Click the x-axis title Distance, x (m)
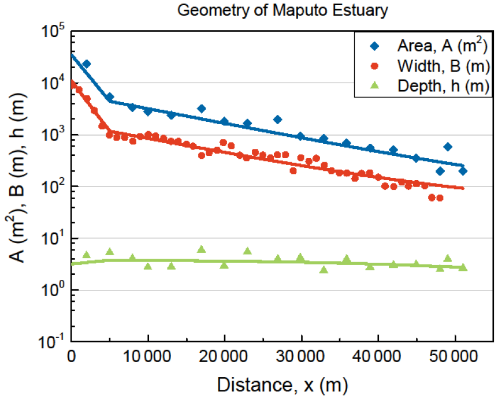coord(283,385)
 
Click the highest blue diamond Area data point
coord(86,64)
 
